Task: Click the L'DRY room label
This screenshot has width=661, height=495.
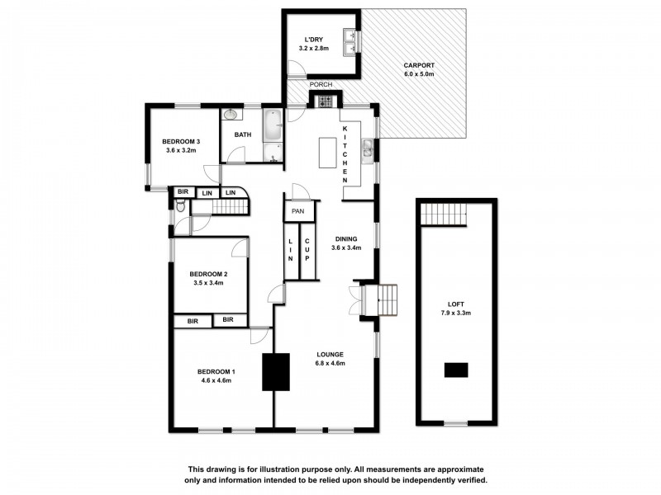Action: click(x=313, y=39)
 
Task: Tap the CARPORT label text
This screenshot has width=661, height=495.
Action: click(x=418, y=65)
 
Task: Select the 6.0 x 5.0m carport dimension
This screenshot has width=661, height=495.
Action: click(x=418, y=74)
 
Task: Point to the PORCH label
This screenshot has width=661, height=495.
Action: click(x=320, y=85)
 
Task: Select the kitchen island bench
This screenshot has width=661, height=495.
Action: click(x=326, y=153)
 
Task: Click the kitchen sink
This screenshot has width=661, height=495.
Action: click(x=368, y=150)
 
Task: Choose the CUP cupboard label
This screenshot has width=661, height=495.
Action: click(x=307, y=246)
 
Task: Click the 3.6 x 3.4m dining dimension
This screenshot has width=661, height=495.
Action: click(x=346, y=247)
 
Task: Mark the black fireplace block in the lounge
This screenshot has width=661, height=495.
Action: click(x=277, y=371)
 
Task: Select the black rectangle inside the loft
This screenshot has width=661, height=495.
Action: click(x=456, y=370)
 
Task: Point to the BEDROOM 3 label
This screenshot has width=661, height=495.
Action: click(x=183, y=141)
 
